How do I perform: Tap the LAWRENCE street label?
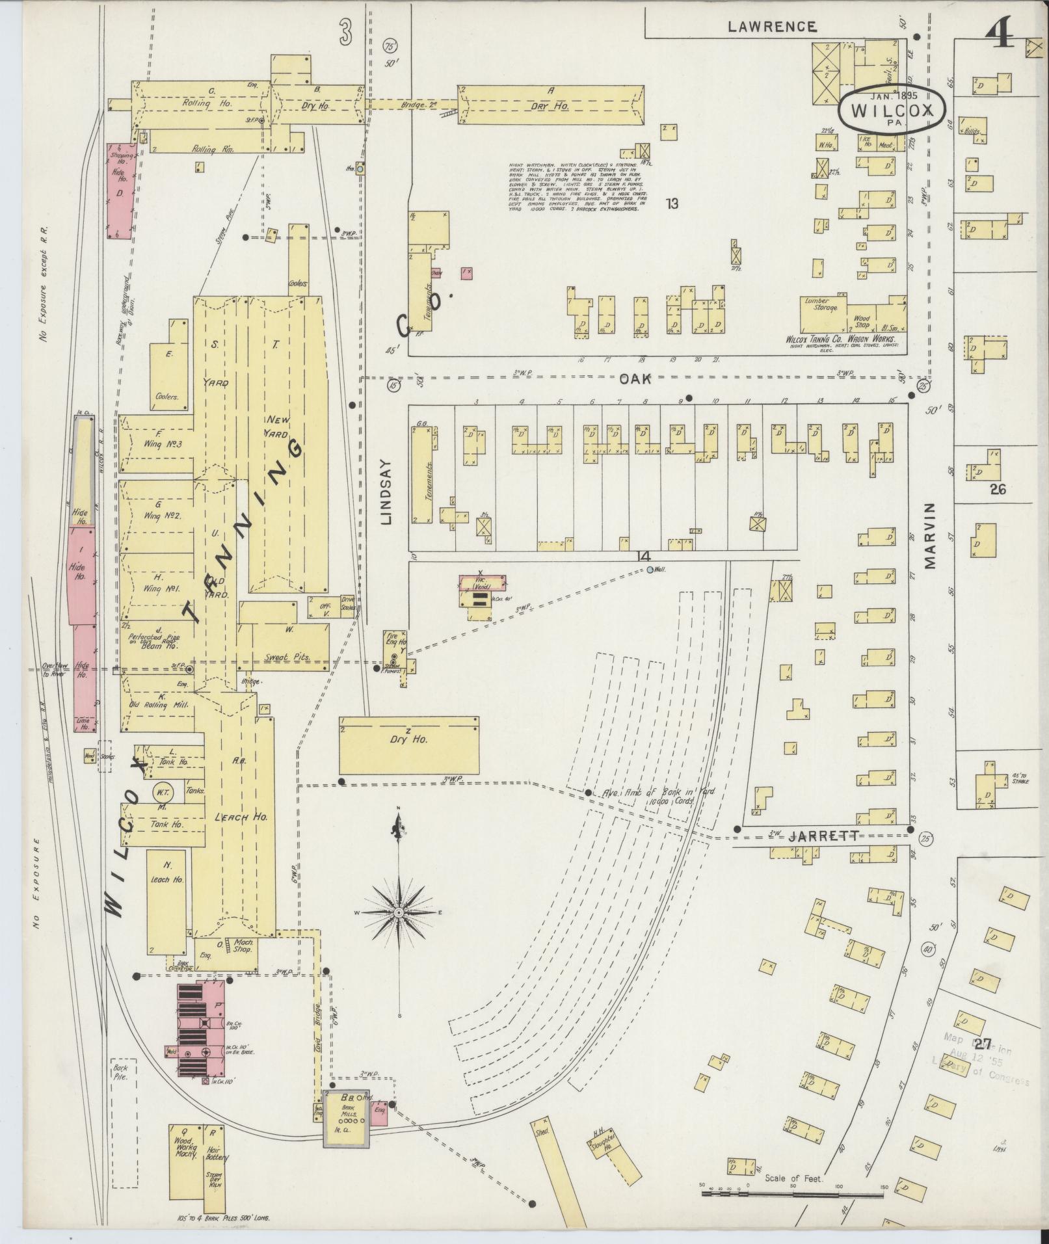[772, 26]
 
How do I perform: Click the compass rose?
[399, 912]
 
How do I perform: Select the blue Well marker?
[650, 570]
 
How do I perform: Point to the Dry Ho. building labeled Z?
[408, 745]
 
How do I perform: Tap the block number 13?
[672, 204]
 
